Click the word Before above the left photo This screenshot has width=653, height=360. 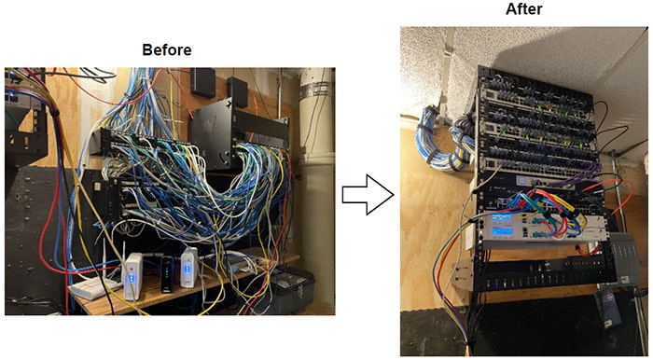(167, 50)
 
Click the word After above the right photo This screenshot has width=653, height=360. (524, 9)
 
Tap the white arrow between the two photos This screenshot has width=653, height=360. (368, 194)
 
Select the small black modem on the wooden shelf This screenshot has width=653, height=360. (167, 274)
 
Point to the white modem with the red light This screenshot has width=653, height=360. (133, 276)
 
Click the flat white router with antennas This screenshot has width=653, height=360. (93, 287)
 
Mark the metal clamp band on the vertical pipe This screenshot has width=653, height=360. (316, 90)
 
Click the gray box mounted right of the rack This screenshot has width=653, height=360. (624, 259)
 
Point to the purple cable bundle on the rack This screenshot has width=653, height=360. (577, 177)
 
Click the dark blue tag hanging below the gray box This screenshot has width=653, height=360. (606, 307)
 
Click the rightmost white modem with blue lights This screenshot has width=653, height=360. (189, 267)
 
